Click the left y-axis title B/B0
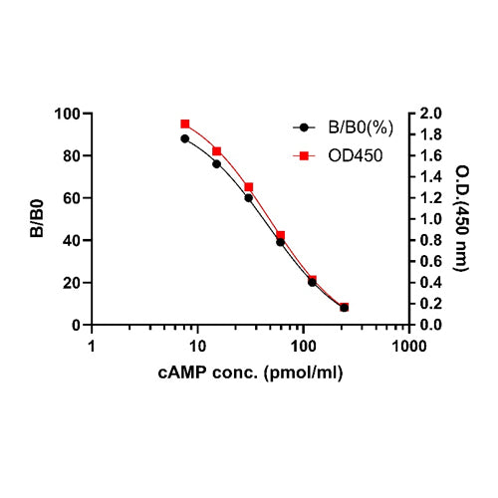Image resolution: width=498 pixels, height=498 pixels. tap(37, 218)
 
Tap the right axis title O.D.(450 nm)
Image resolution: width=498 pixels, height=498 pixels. tap(462, 218)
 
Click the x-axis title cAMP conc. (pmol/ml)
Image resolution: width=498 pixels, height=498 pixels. tap(249, 372)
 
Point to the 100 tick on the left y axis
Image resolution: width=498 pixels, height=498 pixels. tap(67, 114)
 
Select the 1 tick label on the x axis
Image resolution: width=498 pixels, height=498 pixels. tap(93, 346)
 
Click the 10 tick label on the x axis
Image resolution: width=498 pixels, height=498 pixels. tap(197, 346)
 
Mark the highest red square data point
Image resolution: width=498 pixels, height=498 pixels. tap(185, 124)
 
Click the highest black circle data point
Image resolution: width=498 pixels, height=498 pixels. tap(185, 138)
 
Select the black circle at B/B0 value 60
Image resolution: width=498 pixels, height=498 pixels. tap(248, 198)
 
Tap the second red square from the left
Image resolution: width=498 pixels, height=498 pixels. tap(216, 151)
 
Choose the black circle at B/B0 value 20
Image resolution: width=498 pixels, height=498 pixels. tap(312, 283)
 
